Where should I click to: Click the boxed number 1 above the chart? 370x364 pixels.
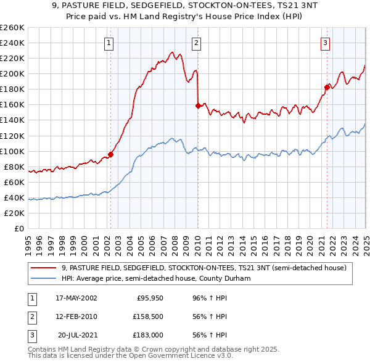tap(109, 43)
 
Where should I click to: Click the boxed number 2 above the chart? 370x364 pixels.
tap(195, 43)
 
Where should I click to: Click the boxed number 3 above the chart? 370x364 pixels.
tap(324, 43)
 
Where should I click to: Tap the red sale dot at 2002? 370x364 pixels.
tap(111, 154)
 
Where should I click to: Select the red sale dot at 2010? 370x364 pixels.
tap(197, 105)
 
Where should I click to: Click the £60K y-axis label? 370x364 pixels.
tap(14, 182)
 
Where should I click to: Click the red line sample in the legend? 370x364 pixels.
tap(44, 268)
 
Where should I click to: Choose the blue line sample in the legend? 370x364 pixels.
tap(44, 279)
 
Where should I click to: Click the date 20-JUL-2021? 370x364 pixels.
tap(78, 335)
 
